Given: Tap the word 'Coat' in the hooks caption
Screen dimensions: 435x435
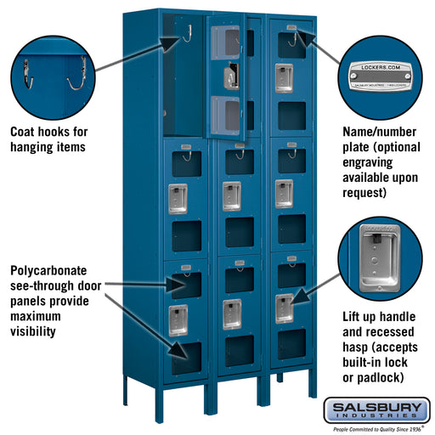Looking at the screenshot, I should pyautogui.click(x=23, y=133).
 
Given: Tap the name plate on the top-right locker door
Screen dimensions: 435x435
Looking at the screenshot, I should pyautogui.click(x=291, y=29).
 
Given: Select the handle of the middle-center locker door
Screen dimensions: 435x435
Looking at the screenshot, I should pyautogui.click(x=230, y=195).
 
